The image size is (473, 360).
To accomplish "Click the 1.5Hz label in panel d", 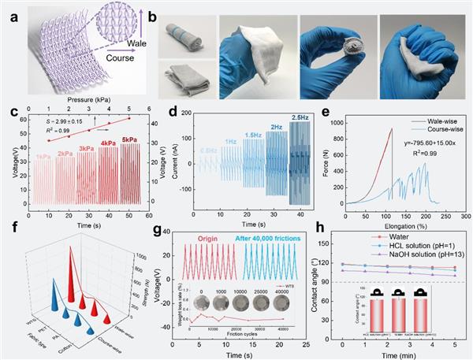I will click(252, 135).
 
